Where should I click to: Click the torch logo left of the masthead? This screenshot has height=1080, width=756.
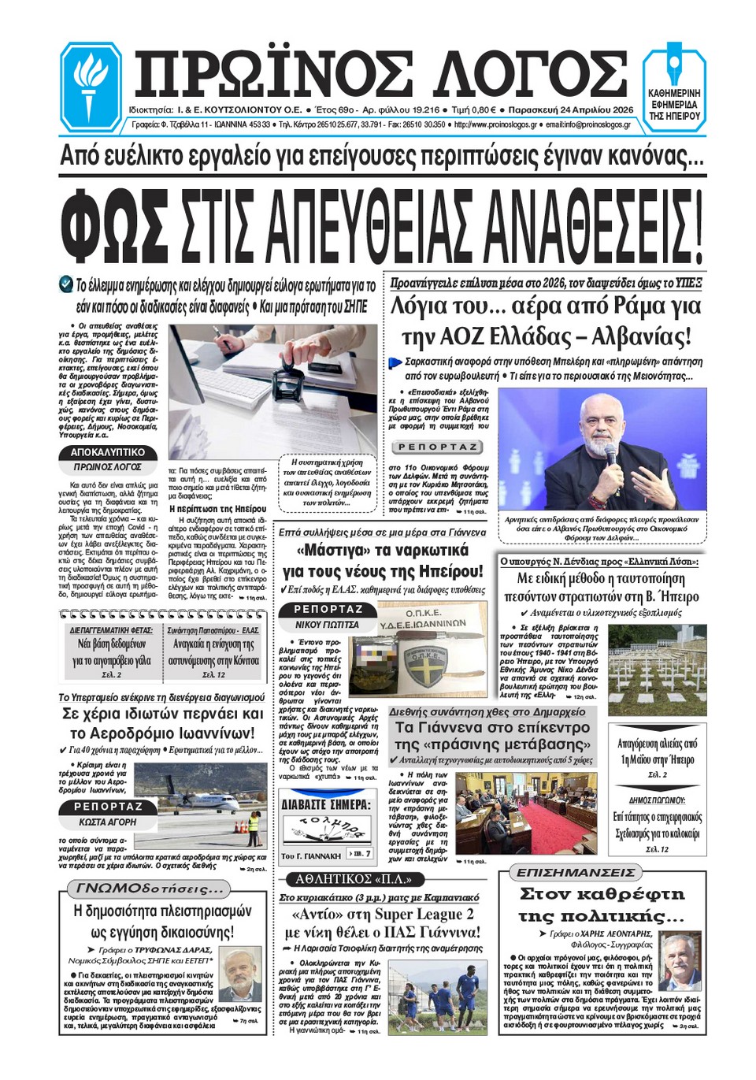(91, 86)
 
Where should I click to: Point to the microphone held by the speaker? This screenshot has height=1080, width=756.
(611, 453)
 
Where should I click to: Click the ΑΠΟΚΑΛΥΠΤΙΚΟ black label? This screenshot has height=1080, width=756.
(108, 453)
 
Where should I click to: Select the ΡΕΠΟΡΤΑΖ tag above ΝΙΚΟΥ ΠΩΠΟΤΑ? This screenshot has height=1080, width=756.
(328, 609)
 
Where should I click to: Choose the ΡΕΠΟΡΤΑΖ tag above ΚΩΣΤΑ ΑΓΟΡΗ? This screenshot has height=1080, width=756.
(108, 807)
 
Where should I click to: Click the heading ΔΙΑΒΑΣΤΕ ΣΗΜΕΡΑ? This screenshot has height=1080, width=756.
(325, 805)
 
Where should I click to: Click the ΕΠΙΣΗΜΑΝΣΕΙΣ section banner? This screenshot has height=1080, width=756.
(576, 873)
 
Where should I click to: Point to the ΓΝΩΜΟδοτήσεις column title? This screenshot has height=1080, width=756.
(149, 889)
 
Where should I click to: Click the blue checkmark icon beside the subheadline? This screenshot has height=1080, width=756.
(66, 284)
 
